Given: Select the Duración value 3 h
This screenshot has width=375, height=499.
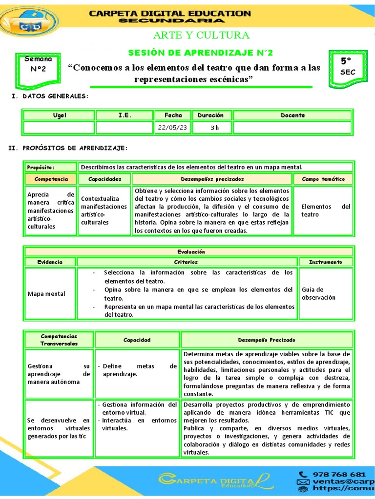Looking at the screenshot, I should pyautogui.click(x=214, y=128).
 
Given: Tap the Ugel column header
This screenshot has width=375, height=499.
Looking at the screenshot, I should pyautogui.click(x=59, y=115).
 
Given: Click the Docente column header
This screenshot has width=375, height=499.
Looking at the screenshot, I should pyautogui.click(x=292, y=115).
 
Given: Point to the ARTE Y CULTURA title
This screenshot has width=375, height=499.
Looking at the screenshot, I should pyautogui.click(x=201, y=35).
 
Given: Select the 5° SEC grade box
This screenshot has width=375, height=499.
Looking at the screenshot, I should pyautogui.click(x=347, y=66).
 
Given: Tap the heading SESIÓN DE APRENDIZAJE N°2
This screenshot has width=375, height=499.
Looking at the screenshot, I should pyautogui.click(x=200, y=53).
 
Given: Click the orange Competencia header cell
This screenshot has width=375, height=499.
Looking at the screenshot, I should pyautogui.click(x=51, y=179).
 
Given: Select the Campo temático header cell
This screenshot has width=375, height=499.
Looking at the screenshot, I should pyautogui.click(x=323, y=179).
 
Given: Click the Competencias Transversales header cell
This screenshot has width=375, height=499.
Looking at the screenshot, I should pyautogui.click(x=59, y=340).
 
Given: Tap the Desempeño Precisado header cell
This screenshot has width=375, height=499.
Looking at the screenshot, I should pyautogui.click(x=267, y=340).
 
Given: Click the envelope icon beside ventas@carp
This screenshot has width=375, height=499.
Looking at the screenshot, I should pyautogui.click(x=303, y=482).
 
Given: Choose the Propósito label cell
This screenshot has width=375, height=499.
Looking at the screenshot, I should pyautogui.click(x=51, y=167).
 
